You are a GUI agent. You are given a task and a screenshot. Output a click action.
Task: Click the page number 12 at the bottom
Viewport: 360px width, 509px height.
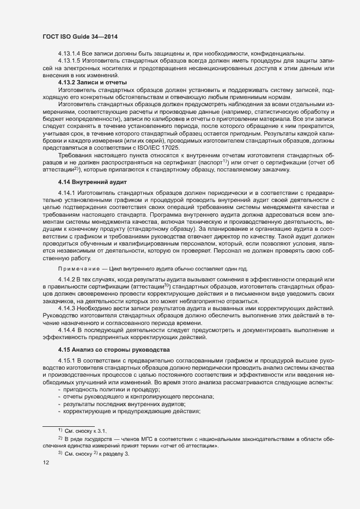46,463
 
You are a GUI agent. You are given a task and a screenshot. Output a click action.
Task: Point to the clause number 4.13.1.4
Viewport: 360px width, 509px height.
69,53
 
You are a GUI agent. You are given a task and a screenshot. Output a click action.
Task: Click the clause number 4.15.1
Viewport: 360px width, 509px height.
67,362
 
